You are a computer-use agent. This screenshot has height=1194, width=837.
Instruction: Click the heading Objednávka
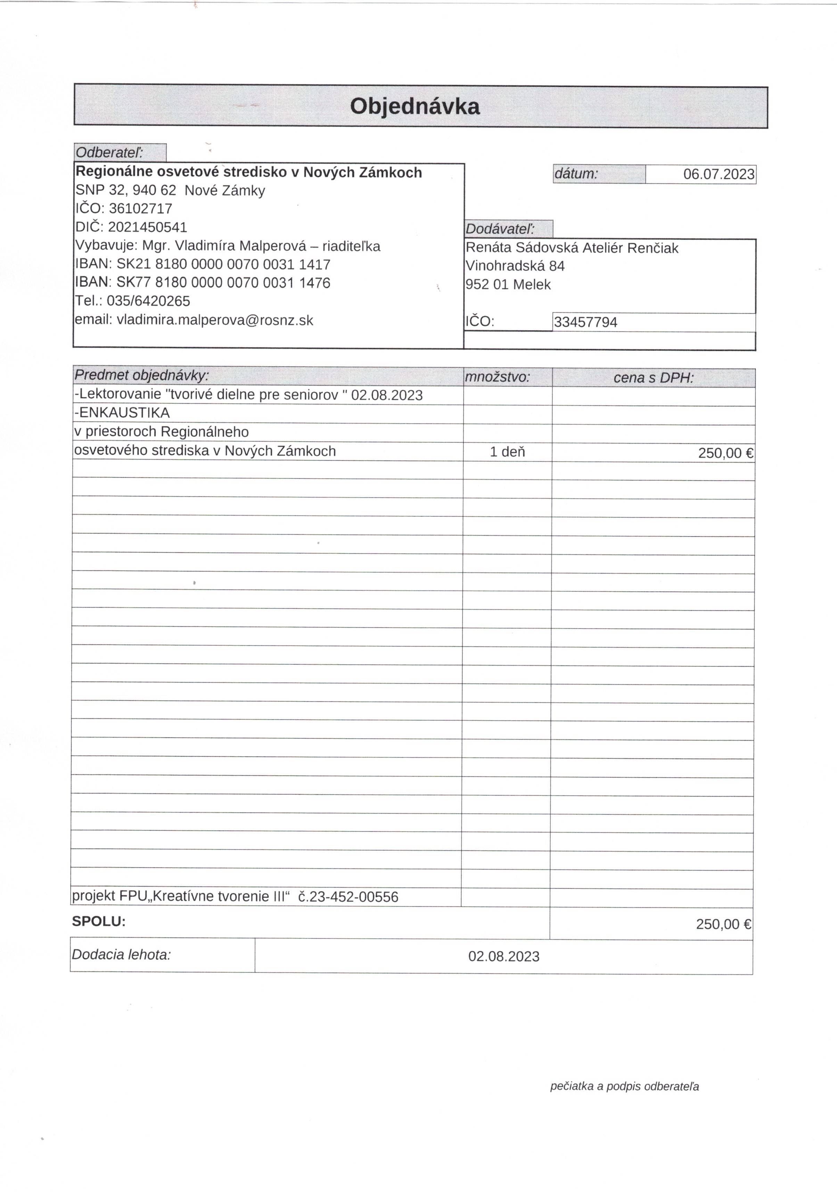click(414, 106)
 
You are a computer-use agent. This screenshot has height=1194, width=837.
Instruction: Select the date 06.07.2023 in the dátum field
click(719, 174)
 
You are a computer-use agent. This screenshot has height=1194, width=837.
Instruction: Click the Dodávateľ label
click(500, 229)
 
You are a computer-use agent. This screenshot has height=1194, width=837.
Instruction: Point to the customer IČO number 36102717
click(140, 208)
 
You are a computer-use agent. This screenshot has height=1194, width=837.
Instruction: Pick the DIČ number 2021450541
click(147, 227)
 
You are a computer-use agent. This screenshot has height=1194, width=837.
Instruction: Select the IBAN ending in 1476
click(223, 283)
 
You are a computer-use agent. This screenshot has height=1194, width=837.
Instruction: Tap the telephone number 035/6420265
click(148, 301)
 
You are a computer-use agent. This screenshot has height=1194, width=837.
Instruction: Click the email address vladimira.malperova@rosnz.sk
click(215, 320)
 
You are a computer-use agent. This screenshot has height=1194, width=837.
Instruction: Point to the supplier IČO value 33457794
click(585, 322)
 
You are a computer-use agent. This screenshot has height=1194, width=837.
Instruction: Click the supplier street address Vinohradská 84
click(515, 266)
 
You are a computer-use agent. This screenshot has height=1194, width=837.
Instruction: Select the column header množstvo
click(497, 377)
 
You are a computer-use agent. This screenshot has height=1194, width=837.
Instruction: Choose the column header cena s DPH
click(653, 378)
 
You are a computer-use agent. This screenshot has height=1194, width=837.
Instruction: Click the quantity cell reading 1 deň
click(507, 452)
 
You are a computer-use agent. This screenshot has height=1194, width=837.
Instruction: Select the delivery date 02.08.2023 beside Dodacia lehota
click(503, 956)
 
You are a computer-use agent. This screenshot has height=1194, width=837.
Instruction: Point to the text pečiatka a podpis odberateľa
click(624, 1086)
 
